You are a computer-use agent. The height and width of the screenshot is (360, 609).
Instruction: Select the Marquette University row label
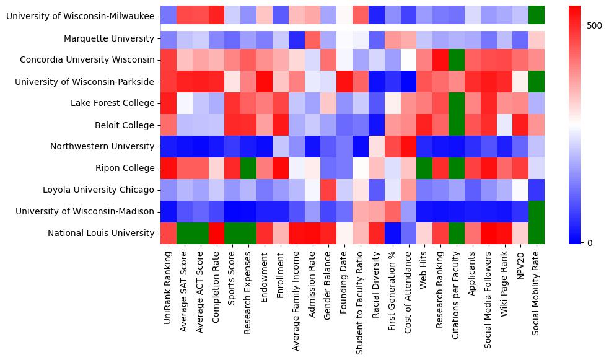[x=109, y=38]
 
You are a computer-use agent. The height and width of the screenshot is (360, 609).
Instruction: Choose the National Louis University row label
[x=101, y=233]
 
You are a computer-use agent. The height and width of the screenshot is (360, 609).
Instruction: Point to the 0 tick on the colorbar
[x=589, y=242]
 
